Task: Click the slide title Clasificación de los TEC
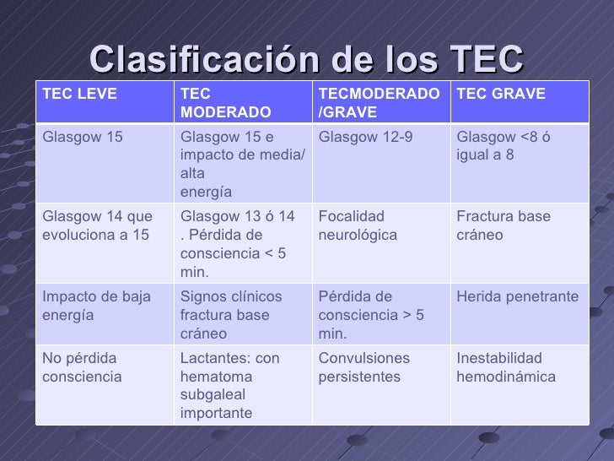(x=306, y=59)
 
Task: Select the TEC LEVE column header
(x=80, y=94)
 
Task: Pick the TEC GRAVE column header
(x=501, y=94)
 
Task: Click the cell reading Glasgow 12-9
(x=365, y=138)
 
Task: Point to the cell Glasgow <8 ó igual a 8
(x=504, y=147)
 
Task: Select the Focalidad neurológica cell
(x=358, y=225)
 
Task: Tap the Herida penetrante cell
(x=517, y=296)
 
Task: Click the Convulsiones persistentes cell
(x=364, y=367)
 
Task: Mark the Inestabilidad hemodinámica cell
(x=506, y=367)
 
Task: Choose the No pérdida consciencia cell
(x=82, y=367)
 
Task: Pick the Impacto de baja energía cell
(x=96, y=306)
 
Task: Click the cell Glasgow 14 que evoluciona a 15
(x=97, y=225)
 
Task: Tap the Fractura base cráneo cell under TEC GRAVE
(x=503, y=225)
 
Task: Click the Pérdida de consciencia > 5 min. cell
(x=370, y=315)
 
